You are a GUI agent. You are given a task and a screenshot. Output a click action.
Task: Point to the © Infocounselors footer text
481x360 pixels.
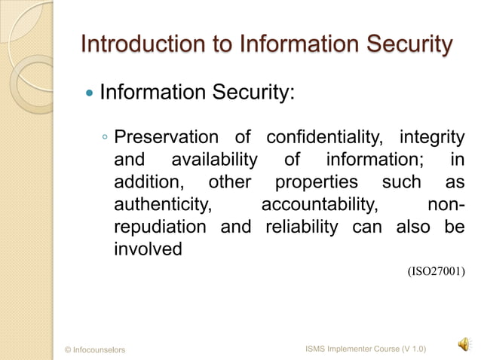[96, 350]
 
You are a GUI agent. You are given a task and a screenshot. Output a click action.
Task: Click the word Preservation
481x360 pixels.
[164, 139]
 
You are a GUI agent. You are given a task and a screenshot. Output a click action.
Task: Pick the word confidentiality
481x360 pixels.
[323, 139]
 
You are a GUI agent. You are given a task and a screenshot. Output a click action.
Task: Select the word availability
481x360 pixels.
[214, 161]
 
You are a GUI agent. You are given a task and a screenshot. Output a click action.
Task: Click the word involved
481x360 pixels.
[148, 249]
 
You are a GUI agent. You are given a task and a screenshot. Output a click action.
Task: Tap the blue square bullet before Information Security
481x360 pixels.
[90, 95]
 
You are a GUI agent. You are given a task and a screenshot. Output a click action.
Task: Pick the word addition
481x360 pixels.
[148, 183]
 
